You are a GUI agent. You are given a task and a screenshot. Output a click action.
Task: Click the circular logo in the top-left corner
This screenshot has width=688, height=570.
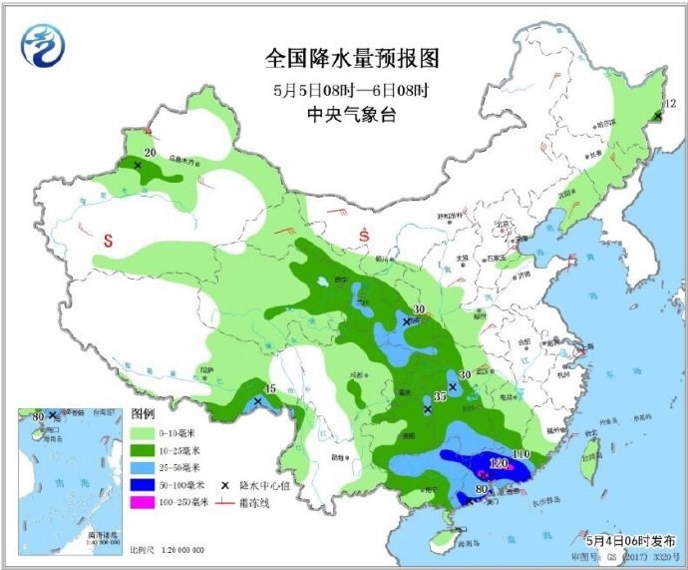[42, 47]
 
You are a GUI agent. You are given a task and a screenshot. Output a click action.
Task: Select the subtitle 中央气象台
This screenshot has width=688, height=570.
[351, 115]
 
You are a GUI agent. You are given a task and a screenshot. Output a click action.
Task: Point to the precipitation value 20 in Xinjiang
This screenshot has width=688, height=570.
[150, 153]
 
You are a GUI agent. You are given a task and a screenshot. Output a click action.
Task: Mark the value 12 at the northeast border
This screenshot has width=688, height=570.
[670, 103]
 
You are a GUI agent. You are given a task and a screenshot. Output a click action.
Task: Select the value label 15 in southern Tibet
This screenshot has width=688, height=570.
[268, 389]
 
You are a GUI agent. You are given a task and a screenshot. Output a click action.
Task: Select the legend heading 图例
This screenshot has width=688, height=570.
[144, 414]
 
